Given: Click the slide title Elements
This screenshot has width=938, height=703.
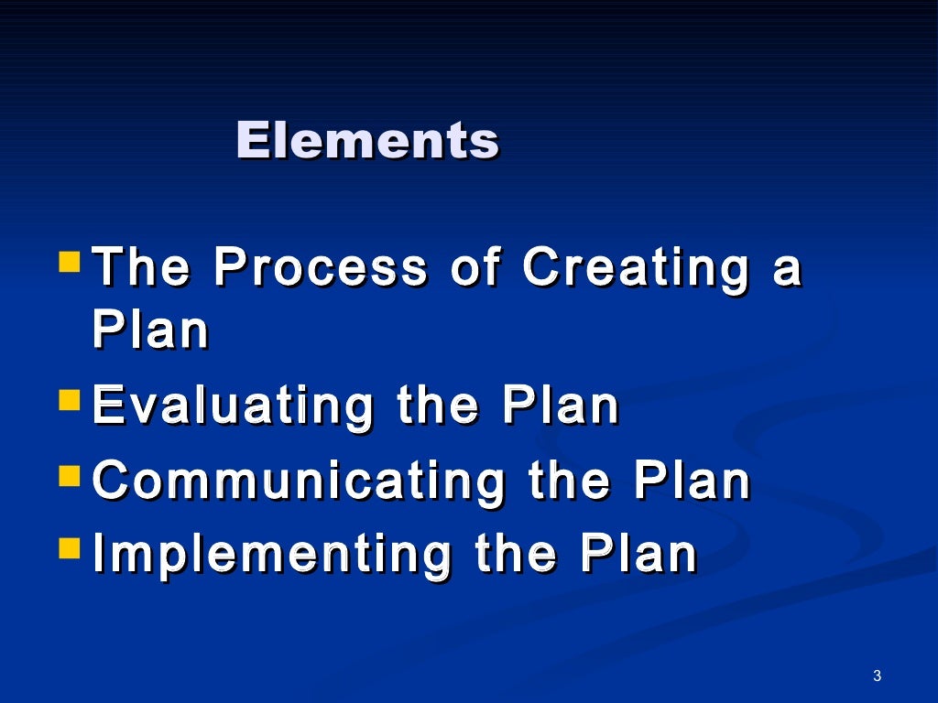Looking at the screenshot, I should point(367,141).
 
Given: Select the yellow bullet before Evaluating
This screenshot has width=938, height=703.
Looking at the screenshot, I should point(70,400).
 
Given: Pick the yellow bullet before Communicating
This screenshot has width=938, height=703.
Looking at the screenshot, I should point(70,474).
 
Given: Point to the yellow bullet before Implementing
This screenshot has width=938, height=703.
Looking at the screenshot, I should point(70,547).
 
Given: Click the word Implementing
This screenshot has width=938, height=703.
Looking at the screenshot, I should point(273,557).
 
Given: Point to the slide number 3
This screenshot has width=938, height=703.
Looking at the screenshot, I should point(877,676).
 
